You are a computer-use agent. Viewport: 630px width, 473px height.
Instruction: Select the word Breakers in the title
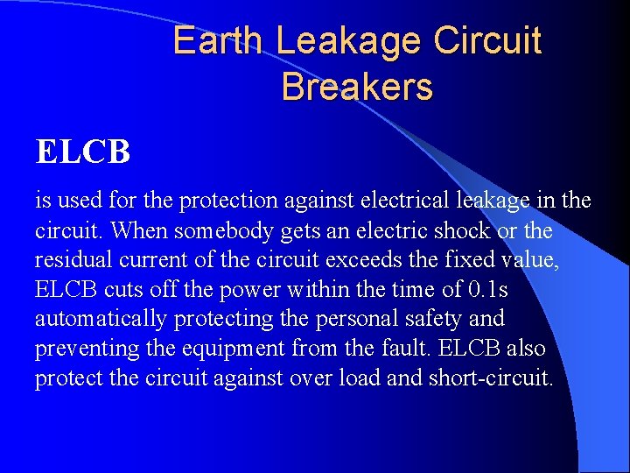[x=357, y=87]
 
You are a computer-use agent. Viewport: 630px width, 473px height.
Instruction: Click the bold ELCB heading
[x=83, y=152]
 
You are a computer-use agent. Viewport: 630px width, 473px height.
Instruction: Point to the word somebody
[x=216, y=231]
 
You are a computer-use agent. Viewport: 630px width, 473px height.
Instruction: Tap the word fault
[x=399, y=349]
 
